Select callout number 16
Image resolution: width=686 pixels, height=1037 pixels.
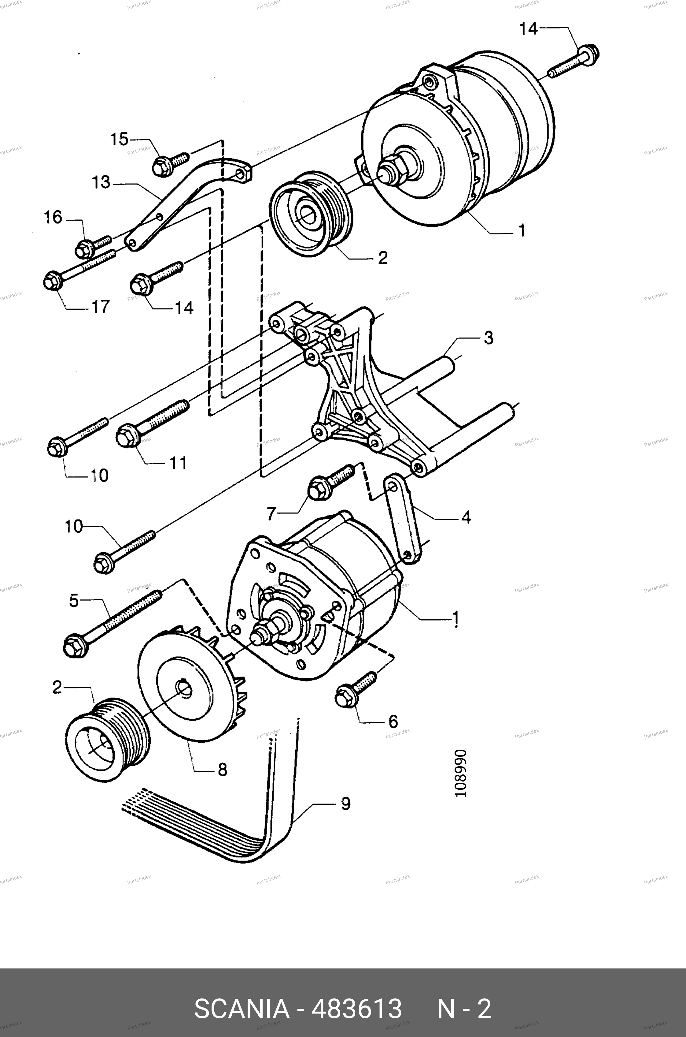53,217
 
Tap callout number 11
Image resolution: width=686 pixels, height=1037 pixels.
178,463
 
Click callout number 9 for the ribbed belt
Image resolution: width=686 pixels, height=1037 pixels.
346,804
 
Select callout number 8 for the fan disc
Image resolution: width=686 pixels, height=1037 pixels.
222,770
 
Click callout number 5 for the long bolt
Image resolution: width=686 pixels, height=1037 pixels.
74,600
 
